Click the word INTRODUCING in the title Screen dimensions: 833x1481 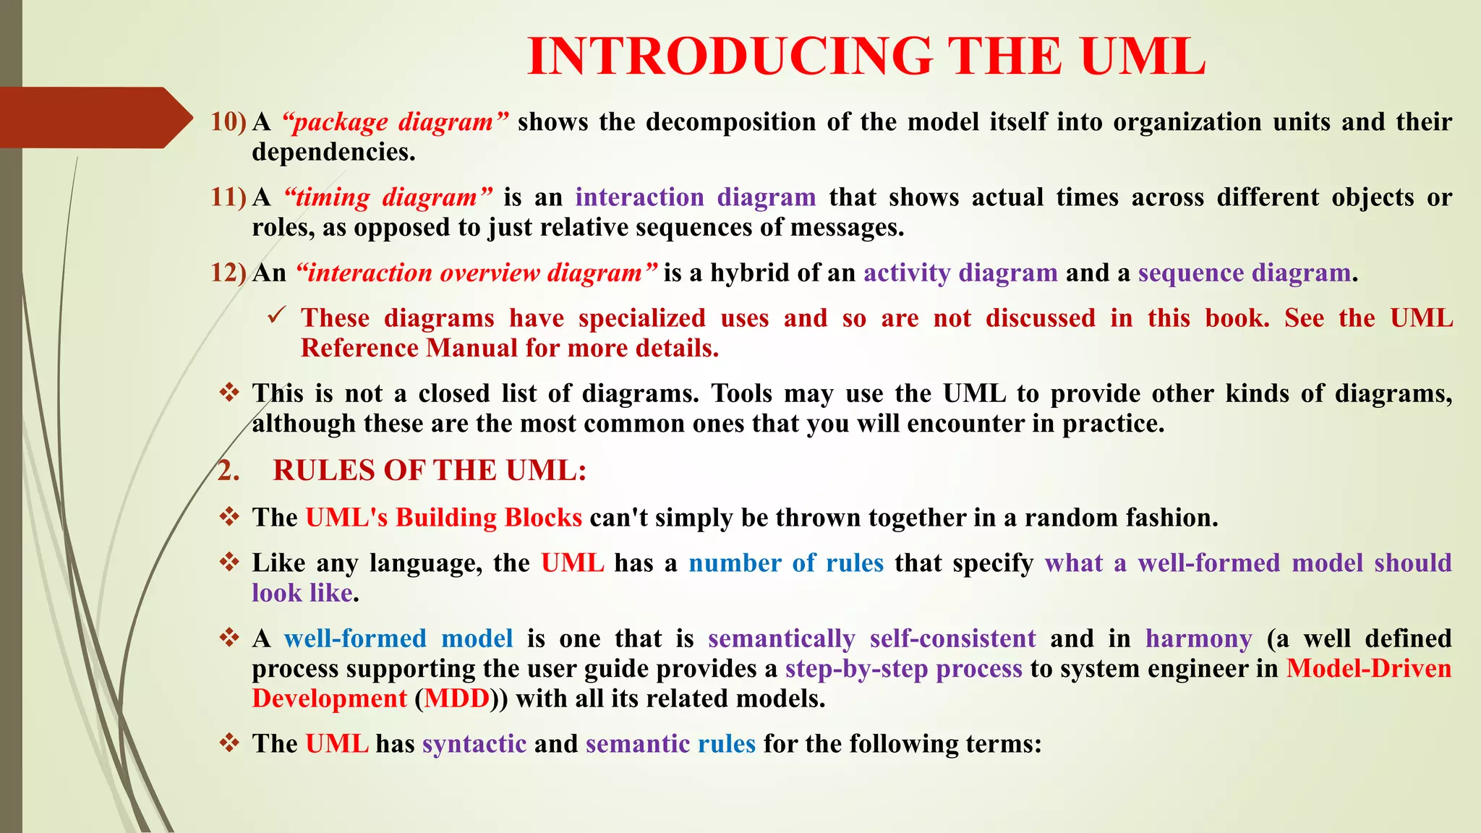[730, 56]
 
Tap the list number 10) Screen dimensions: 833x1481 [229, 121]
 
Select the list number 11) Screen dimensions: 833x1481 [229, 197]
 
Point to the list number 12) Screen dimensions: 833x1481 [229, 273]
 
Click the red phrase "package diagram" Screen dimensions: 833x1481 [396, 121]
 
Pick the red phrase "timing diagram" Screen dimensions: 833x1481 [388, 197]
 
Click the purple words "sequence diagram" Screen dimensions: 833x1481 [1244, 273]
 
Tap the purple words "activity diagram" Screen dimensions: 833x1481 [960, 273]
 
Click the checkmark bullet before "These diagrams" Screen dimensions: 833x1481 [277, 316]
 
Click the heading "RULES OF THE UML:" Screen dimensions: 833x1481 [429, 470]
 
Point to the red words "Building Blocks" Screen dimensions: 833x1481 [489, 518]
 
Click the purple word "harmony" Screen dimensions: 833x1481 [1199, 638]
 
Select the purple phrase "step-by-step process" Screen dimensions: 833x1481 [904, 669]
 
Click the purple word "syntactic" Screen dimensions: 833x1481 [474, 743]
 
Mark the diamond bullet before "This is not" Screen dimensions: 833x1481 [230, 393]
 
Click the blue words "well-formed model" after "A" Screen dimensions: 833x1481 [398, 638]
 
